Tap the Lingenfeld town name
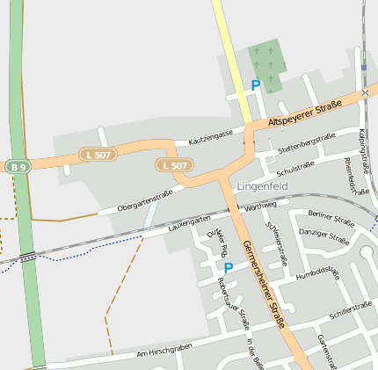(x=263, y=186)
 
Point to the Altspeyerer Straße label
(x=304, y=112)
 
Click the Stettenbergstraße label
(x=306, y=144)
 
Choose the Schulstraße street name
(x=294, y=166)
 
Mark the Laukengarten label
(x=189, y=224)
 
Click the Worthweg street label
(x=261, y=207)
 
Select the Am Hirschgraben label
(x=164, y=351)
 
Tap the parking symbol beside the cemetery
(x=256, y=85)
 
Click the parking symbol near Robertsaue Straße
(x=229, y=267)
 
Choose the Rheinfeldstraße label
(x=357, y=176)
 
